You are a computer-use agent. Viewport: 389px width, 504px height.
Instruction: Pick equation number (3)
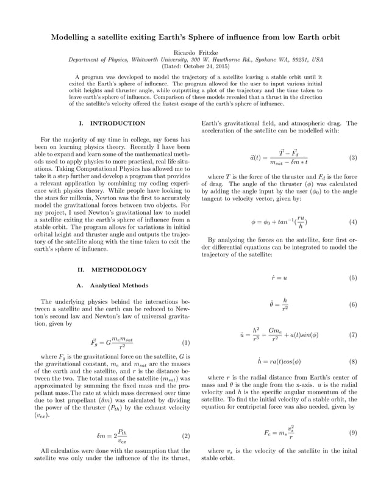coord(352,157)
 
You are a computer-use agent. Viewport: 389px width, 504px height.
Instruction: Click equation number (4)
coord(352,221)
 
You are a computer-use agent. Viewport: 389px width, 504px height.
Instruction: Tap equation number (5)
coord(352,278)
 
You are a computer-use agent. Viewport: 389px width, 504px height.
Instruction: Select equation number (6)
coord(352,304)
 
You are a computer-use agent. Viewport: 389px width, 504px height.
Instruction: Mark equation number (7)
coord(352,334)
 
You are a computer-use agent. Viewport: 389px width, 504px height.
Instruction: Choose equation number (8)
coord(352,361)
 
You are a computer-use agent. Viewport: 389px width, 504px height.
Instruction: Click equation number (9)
coord(352,433)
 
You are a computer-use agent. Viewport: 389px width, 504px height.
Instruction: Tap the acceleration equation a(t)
coord(277,157)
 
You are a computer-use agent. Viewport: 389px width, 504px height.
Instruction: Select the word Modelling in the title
coord(71,37)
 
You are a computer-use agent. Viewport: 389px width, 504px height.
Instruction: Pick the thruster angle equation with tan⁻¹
coord(279,221)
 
